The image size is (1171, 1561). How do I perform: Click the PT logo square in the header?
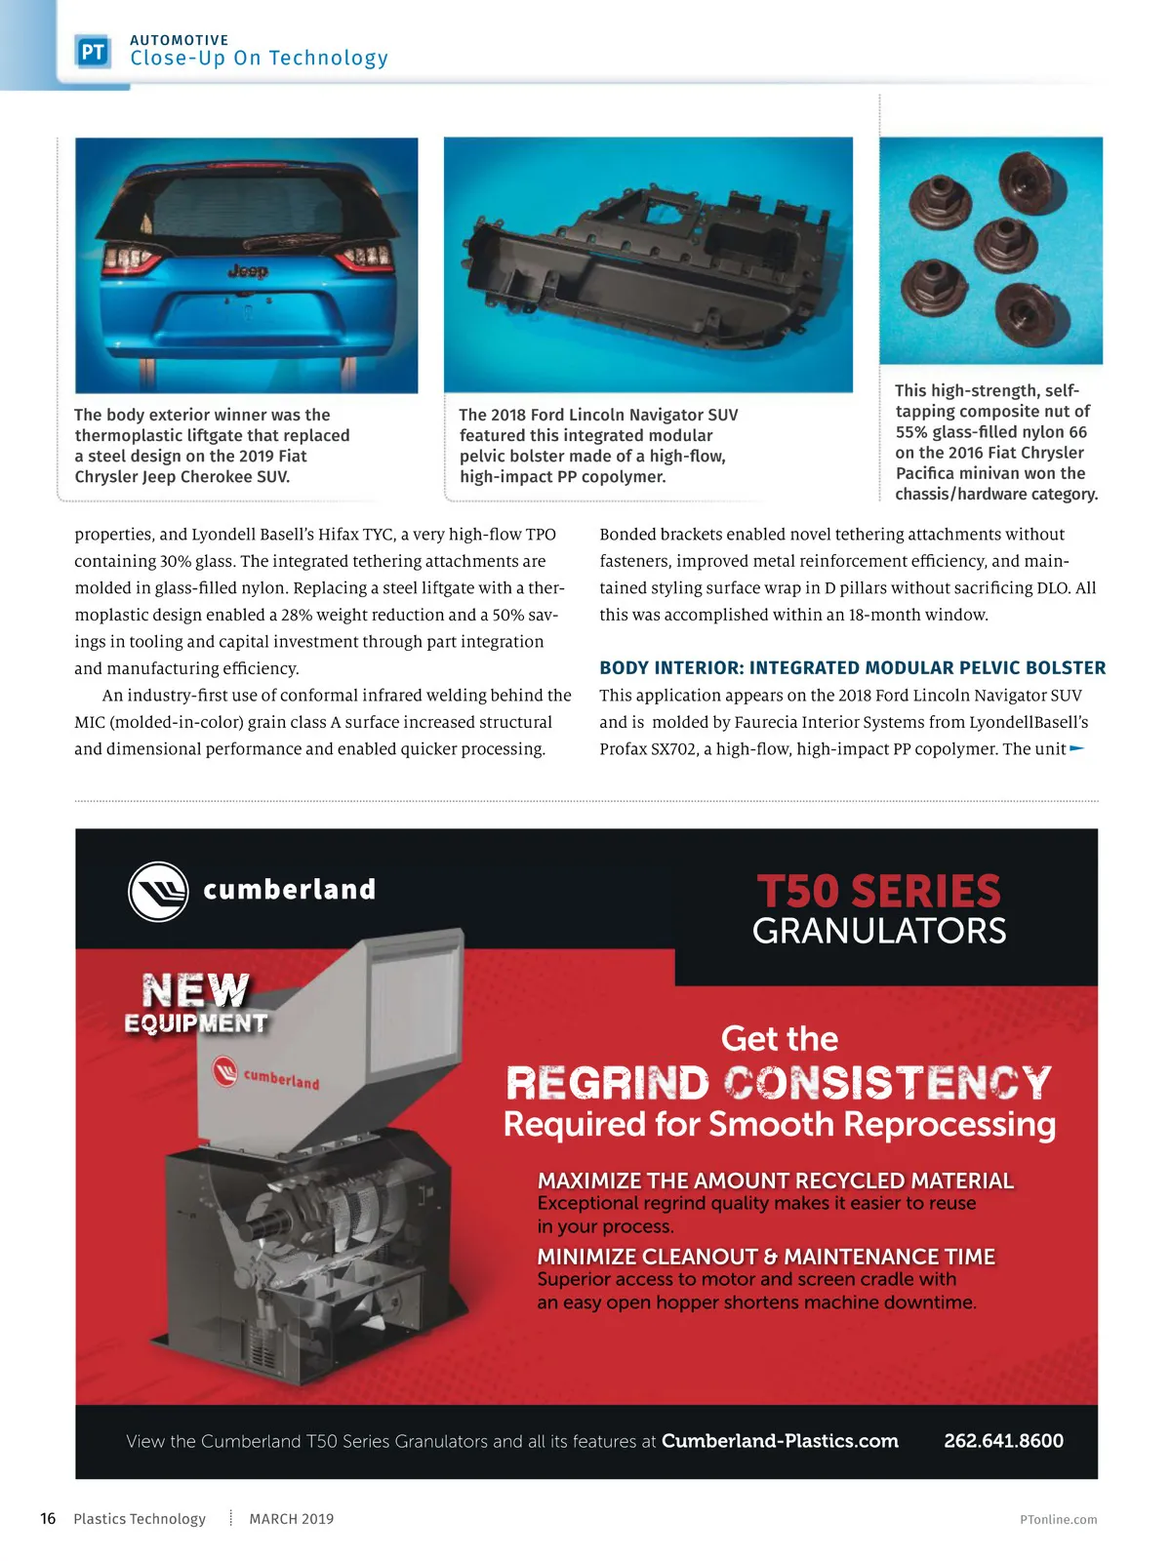pos(93,52)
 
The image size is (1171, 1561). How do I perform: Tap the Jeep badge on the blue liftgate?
pos(247,271)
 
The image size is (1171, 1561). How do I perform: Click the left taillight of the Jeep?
pos(131,259)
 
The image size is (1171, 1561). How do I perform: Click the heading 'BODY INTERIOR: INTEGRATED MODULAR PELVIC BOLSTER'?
pos(852,668)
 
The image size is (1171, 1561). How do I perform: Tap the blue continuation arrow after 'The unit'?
pos(1077,749)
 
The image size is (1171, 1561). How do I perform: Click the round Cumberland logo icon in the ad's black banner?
pos(158,892)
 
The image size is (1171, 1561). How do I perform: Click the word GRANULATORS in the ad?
pos(878,932)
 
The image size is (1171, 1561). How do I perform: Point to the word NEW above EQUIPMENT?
pos(195,990)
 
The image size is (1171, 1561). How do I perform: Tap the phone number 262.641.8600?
pos(1003,1441)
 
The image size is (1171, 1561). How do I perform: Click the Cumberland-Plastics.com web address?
pos(780,1441)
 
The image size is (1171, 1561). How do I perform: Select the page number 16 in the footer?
pos(48,1519)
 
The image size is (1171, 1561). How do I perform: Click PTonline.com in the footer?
pos(1058,1520)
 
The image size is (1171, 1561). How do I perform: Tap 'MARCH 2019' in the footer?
pos(291,1519)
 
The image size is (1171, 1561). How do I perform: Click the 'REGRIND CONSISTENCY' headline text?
pos(779,1083)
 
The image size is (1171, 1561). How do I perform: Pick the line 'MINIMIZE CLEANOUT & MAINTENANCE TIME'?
pos(766,1257)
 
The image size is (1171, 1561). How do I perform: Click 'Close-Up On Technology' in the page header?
pos(259,59)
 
